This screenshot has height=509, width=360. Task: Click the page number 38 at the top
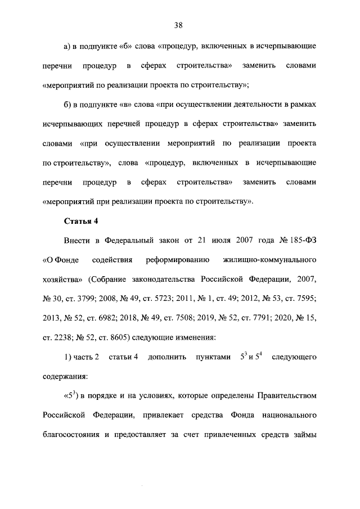(x=179, y=25)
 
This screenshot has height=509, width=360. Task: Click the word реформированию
(x=178, y=260)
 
